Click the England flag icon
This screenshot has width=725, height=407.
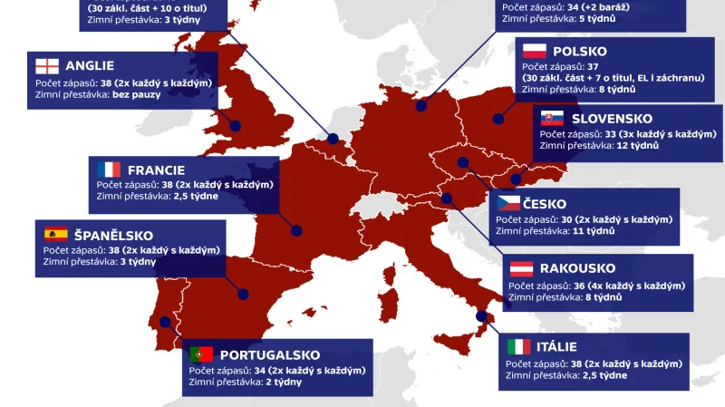tap(46, 66)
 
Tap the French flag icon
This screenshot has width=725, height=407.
tap(109, 170)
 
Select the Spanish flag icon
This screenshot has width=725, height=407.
tap(55, 235)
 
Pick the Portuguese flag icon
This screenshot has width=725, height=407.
tap(201, 354)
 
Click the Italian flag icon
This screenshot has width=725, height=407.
tap(518, 347)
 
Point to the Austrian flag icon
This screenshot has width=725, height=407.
tap(521, 269)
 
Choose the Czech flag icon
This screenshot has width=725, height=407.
tap(507, 204)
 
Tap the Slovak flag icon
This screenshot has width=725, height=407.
tap(553, 119)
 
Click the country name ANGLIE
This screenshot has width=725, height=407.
tap(89, 66)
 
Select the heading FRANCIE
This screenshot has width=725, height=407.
tap(157, 170)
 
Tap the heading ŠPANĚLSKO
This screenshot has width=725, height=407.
tap(114, 235)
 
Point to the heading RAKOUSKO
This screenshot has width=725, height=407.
tap(577, 269)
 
